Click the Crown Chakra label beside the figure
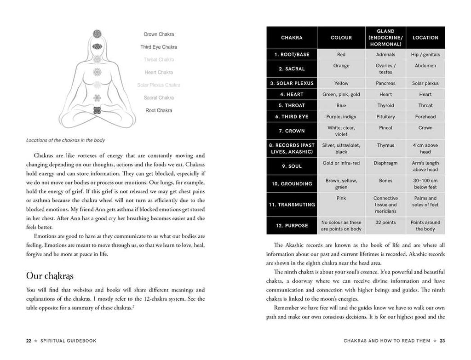(158, 34)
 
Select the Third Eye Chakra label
(158, 47)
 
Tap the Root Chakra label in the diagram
(158, 110)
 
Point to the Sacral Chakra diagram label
(158, 97)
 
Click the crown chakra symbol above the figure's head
(97, 34)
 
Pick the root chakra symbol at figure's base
(97, 110)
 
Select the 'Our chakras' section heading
(50, 276)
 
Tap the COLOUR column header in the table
(341, 38)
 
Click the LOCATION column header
(425, 38)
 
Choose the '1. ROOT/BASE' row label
(292, 54)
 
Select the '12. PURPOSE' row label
(292, 226)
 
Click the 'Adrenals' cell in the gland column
(385, 54)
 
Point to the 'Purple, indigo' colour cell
(341, 117)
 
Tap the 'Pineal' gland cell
(385, 128)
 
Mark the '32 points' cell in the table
(385, 223)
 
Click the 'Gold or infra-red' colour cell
(341, 163)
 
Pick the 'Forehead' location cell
(425, 117)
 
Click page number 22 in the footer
(29, 341)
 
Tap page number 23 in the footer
(442, 341)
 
